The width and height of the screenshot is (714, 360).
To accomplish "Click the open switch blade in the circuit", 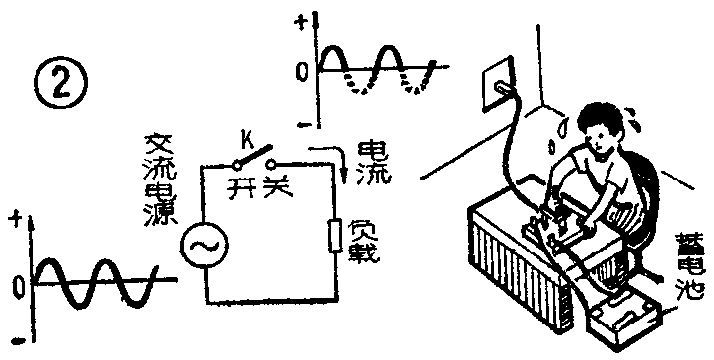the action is coord(257,157).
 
